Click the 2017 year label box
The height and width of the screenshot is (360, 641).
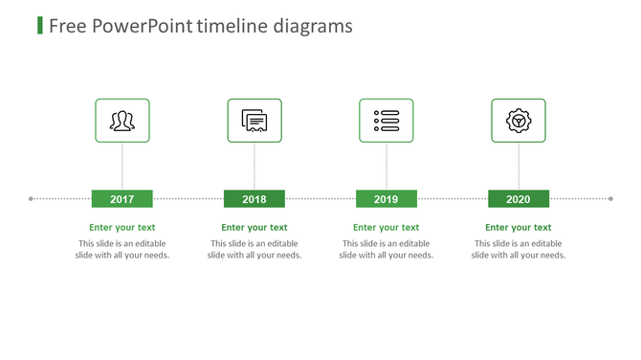pos(122,199)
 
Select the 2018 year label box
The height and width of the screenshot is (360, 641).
pos(254,199)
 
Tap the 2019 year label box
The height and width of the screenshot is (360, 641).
pos(387,199)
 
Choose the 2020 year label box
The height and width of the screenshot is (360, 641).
pos(518,199)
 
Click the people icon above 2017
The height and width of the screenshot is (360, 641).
pos(122,121)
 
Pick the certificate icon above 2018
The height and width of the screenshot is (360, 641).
pos(254,121)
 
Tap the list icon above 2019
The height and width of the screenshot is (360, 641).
pos(387,121)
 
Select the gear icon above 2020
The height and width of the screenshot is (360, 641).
pos(518,121)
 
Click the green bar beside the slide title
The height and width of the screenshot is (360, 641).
pos(39,25)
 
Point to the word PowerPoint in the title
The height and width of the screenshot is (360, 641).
pos(143,26)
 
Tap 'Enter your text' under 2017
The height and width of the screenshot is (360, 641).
pos(122,228)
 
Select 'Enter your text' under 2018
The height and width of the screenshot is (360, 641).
pos(254,228)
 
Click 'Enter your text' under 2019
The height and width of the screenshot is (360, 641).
pos(387,228)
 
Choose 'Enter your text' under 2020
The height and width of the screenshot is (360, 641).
pos(518,228)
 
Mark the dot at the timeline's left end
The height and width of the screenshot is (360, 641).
pos(32,199)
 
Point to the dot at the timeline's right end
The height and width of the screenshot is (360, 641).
pos(610,199)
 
